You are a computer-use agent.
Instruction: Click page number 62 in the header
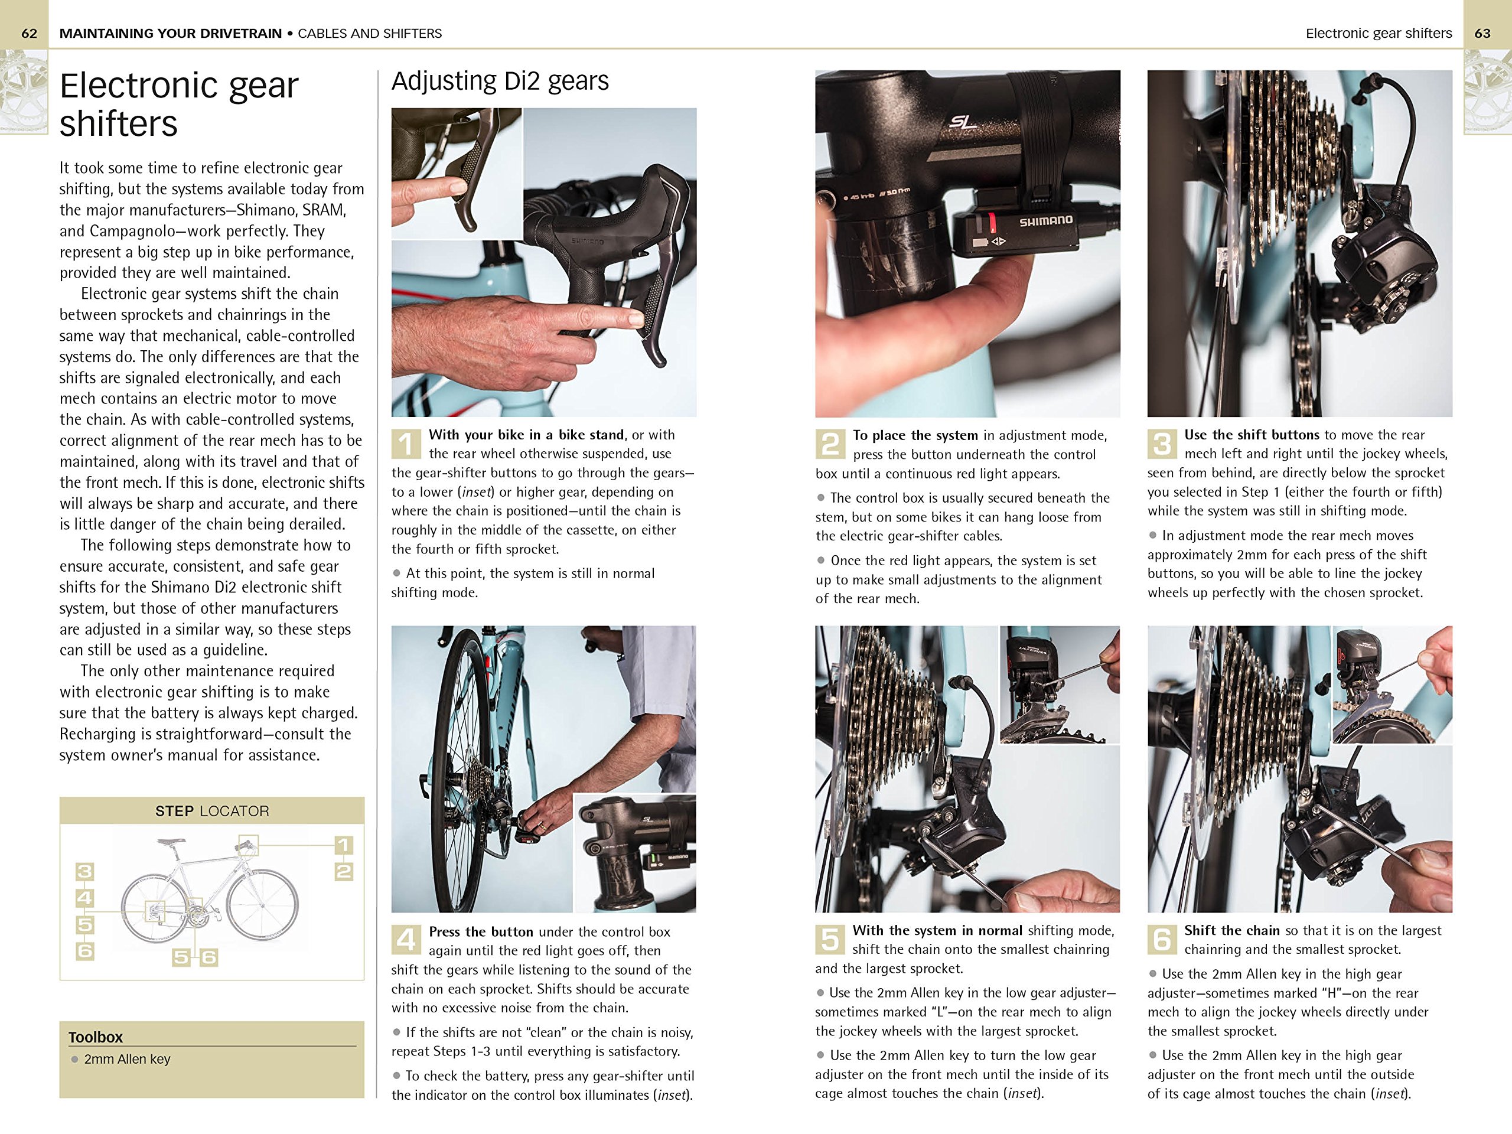pyautogui.click(x=30, y=34)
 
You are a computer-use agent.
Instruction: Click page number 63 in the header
pyautogui.click(x=1482, y=34)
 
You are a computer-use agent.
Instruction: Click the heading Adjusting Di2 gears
pyautogui.click(x=500, y=82)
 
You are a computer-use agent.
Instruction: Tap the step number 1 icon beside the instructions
pyautogui.click(x=406, y=444)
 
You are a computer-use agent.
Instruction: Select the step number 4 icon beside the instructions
pyautogui.click(x=406, y=940)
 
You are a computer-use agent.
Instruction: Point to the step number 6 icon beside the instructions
pyautogui.click(x=1161, y=940)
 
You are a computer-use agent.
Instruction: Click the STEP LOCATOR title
pyautogui.click(x=212, y=812)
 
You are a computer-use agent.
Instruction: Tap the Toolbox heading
pyautogui.click(x=96, y=1037)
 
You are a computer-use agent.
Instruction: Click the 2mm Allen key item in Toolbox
pyautogui.click(x=127, y=1059)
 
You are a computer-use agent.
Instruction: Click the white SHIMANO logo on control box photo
pyautogui.click(x=1046, y=221)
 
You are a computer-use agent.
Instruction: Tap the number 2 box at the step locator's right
pyautogui.click(x=343, y=872)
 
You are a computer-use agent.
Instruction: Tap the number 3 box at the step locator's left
pyautogui.click(x=85, y=872)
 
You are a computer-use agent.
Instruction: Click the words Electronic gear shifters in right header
pyautogui.click(x=1378, y=34)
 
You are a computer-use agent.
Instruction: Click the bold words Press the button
pyautogui.click(x=481, y=931)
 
